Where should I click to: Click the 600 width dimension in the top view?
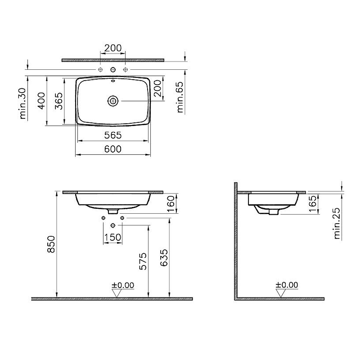coord(112,150)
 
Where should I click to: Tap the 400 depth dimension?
coord(41,102)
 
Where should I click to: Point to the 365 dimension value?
coord(58,102)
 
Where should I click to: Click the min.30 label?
coord(22,103)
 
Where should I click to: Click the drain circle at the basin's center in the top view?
coord(112,101)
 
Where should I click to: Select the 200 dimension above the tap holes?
coord(112,48)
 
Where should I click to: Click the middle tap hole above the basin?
coord(112,70)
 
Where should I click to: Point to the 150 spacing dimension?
coord(113,237)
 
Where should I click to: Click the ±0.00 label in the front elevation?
coord(123,285)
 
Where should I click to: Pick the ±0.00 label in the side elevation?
coord(287,285)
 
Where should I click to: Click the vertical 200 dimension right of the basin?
coord(157,90)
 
